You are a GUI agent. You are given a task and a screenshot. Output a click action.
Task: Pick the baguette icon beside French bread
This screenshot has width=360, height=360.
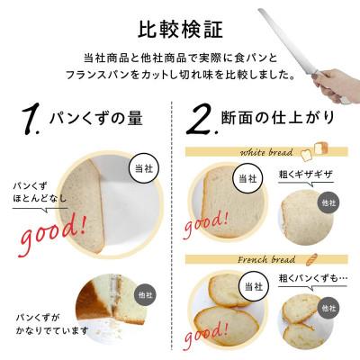pos(318,257)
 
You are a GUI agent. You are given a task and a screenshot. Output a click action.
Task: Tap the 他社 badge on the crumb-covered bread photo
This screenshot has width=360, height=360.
pos(147,294)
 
